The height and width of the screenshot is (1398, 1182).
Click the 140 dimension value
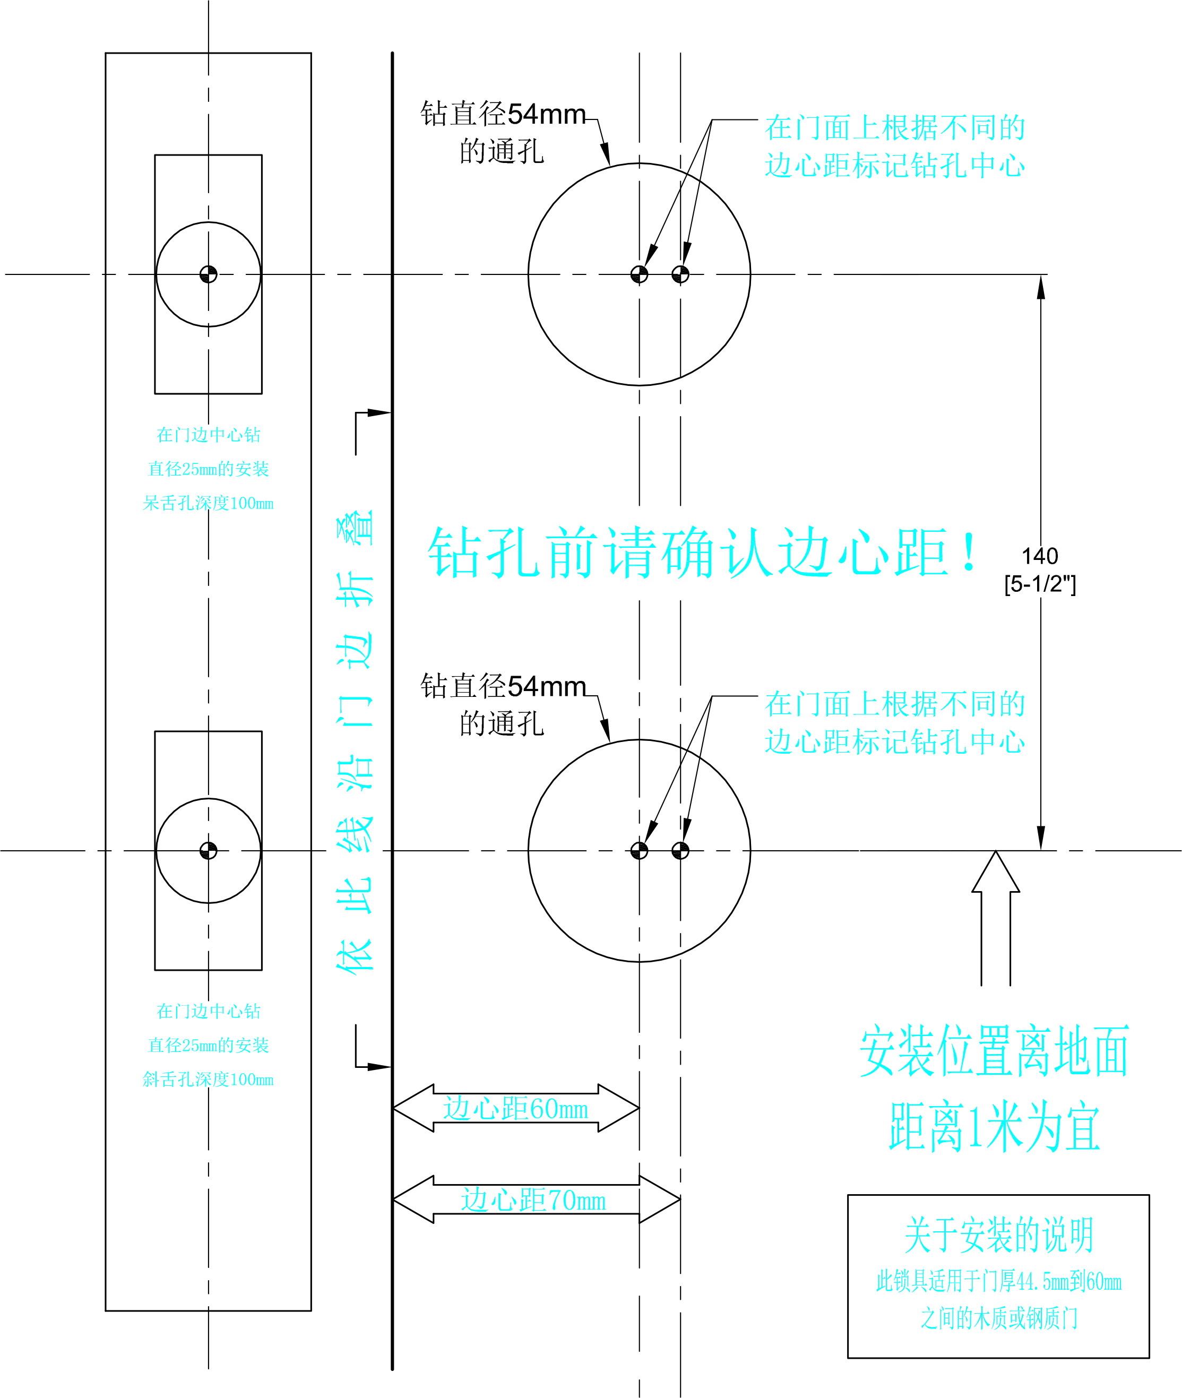pos(1039,556)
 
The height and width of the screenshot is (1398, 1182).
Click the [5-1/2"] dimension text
pos(1039,584)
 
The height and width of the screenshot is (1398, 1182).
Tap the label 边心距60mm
pos(515,1109)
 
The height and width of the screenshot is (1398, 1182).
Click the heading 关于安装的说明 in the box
pos(998,1235)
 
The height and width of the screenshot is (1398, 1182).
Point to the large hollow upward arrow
pos(996,918)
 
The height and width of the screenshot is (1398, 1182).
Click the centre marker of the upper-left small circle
pos(209,274)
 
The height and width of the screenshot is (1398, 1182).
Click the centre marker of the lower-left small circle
pos(209,850)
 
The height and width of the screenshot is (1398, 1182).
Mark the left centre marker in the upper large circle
pos(639,274)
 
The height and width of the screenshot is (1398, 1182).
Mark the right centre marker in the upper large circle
pos(680,274)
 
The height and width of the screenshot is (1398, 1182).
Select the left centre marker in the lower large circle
pos(639,850)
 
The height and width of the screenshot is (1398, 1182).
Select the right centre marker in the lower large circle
pos(680,850)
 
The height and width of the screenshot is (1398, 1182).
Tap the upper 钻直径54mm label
pos(503,115)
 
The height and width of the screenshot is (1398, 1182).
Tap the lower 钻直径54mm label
pos(503,687)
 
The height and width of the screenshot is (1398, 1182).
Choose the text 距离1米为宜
pos(995,1128)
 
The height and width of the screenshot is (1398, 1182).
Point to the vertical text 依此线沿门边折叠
pos(355,740)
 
